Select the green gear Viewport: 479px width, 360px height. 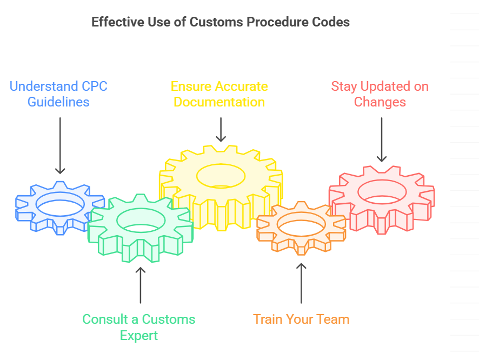141,238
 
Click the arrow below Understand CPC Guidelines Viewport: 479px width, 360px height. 60,146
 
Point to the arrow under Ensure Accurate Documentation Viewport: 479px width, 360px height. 221,130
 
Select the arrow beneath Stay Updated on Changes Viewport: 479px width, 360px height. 382,139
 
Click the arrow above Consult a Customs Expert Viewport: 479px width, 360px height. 141,284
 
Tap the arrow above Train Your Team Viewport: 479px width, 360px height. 301,283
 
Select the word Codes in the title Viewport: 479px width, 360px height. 332,22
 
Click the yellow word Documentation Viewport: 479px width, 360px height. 219,102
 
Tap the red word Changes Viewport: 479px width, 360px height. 380,102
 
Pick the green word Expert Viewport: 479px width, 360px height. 139,336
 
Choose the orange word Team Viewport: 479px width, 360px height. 333,319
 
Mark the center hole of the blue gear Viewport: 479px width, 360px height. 60,204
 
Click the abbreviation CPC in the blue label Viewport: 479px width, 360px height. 94,86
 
